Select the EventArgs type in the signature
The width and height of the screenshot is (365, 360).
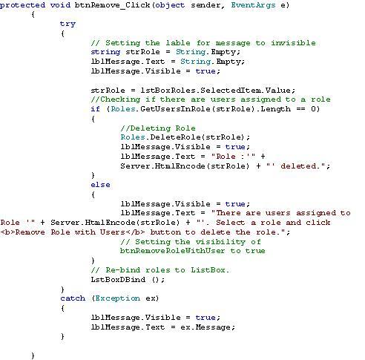click(253, 5)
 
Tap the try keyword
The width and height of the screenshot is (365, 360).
click(68, 24)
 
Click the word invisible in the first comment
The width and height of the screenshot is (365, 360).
click(293, 43)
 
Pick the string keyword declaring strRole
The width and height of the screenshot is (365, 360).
click(105, 52)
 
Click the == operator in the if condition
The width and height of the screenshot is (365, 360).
click(300, 109)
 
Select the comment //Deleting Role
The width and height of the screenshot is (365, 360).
click(158, 128)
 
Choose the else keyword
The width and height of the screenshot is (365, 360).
click(100, 185)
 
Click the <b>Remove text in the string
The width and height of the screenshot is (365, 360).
click(23, 232)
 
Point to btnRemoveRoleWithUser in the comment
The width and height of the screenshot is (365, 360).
click(172, 251)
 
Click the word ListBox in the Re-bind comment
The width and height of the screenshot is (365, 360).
click(210, 270)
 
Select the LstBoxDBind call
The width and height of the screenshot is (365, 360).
click(128, 280)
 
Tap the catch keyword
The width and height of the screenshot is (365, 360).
click(73, 298)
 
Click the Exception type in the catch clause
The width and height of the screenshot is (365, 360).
click(117, 298)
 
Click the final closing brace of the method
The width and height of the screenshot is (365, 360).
click(33, 356)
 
